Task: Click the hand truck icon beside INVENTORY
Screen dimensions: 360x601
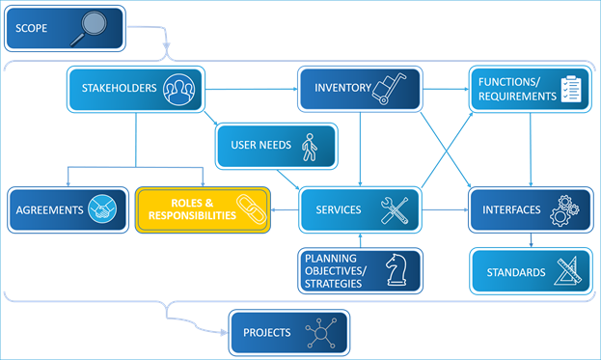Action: (x=392, y=89)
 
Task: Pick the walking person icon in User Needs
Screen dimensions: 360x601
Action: (x=309, y=147)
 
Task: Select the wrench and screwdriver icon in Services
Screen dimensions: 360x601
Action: (x=396, y=209)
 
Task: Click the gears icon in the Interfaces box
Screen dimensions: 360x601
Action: (x=563, y=209)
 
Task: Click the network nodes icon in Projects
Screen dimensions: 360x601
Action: (x=319, y=333)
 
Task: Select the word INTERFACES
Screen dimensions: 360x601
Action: (x=510, y=209)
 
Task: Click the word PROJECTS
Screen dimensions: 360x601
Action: (x=266, y=333)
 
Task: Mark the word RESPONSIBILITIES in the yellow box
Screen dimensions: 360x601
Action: (x=189, y=216)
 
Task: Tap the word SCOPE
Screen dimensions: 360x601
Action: (x=32, y=28)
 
